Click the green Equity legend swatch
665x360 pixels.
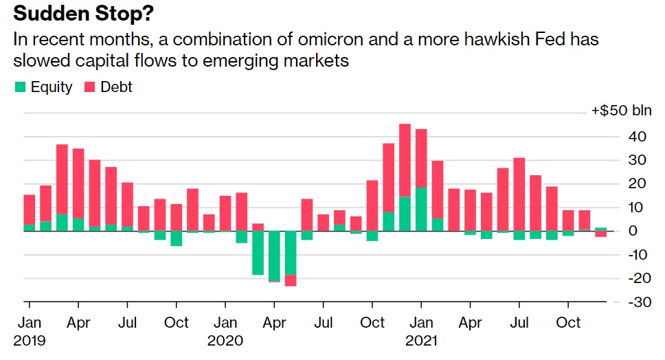tap(20, 87)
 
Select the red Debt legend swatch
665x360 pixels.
tap(90, 87)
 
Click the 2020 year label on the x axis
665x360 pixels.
tap(225, 340)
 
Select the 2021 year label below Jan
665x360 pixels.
tap(421, 340)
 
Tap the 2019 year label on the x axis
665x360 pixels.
tap(29, 340)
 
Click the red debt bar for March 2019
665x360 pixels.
tap(62, 179)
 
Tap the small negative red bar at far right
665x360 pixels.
tap(600, 234)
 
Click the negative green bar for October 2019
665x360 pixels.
tap(176, 238)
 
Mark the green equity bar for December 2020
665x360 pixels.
tap(405, 214)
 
